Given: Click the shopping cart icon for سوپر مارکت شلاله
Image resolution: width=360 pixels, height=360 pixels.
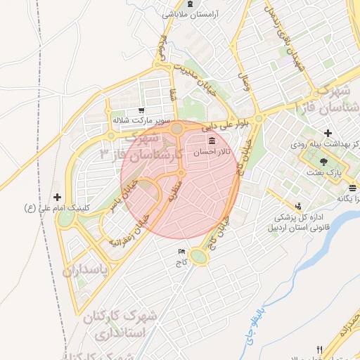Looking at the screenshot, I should [141, 110].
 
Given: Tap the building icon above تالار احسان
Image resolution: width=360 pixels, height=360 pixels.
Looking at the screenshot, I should [212, 142].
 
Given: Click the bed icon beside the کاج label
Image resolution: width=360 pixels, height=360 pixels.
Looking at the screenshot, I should [183, 251].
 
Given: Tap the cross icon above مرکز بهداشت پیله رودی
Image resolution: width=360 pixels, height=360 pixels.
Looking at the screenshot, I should [328, 133].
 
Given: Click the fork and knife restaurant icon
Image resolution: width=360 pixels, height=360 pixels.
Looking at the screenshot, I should [319, 349].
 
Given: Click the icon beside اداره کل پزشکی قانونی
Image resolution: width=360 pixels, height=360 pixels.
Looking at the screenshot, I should [299, 206].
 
